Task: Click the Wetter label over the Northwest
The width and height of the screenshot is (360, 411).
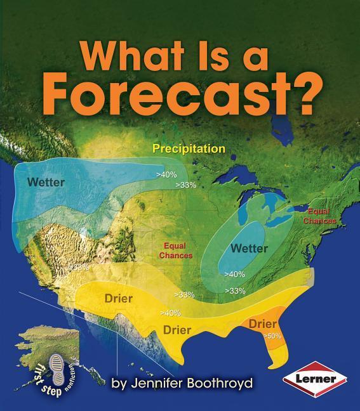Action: [46, 182]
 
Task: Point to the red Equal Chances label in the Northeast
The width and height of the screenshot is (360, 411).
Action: [319, 216]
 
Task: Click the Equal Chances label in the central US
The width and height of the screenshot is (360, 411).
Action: [178, 250]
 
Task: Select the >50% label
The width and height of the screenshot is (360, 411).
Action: [272, 336]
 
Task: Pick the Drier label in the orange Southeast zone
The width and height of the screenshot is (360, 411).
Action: [262, 324]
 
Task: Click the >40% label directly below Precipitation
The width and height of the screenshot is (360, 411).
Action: [167, 174]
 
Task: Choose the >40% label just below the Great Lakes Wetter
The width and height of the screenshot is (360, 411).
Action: [235, 274]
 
